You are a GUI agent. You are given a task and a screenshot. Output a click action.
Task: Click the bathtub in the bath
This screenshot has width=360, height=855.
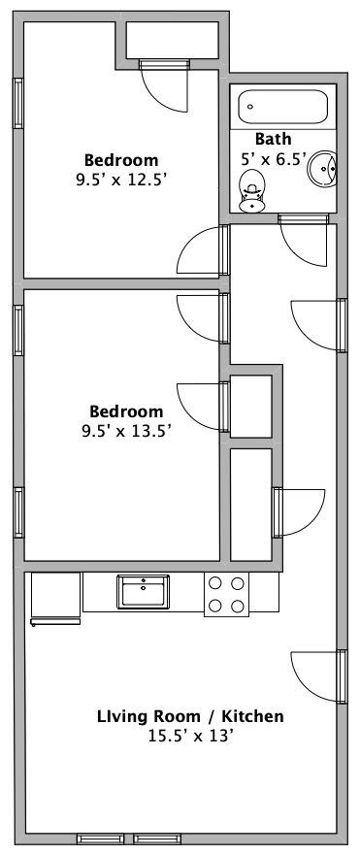coord(282,107)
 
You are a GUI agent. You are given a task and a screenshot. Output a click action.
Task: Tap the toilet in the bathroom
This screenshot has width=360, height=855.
coord(252,191)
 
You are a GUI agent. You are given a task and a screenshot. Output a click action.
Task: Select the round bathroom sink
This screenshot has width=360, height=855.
coord(322,169)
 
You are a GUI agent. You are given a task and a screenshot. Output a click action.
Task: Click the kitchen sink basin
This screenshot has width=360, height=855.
coord(143,592)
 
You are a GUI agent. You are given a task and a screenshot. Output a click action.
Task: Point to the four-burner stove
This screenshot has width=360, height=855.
coord(226,594)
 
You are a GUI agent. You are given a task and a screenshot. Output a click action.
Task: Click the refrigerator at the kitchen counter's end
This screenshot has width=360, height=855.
coord(55,598)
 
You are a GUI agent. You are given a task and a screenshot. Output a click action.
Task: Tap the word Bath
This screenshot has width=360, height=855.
coord(274,139)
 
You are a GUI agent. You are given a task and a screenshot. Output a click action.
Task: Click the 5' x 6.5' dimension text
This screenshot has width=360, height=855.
coord(275,159)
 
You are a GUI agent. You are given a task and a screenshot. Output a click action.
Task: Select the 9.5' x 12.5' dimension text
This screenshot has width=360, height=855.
coord(121,180)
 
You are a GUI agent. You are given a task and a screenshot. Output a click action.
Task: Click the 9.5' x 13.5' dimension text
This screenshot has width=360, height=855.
coord(126,431)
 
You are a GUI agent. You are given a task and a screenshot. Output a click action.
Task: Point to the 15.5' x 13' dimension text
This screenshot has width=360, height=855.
coord(191,736)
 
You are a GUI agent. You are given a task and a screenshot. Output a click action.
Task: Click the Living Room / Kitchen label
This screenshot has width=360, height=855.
coord(190,716)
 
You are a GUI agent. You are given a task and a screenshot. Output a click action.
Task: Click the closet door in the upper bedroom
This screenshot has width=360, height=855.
coord(165,86)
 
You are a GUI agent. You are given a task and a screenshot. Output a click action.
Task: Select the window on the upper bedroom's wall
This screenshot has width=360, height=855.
coord(18,103)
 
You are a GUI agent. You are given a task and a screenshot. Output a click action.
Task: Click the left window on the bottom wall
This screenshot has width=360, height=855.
coord(101,839)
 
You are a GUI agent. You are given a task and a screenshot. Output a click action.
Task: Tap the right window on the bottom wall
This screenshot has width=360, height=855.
coord(157,839)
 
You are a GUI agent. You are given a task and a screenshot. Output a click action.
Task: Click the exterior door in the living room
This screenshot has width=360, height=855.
coord(316,676)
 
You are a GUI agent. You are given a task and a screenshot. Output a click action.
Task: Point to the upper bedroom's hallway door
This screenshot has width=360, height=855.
coord(202,250)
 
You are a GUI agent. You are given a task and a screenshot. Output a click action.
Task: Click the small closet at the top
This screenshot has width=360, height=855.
coord(173,40)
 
